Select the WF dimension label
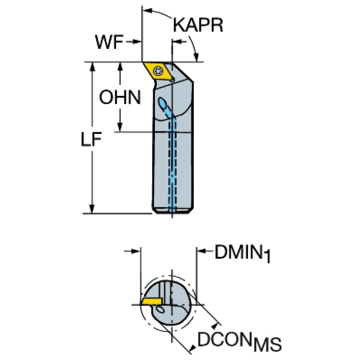(x=109, y=43)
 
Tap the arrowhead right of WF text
(x=139, y=42)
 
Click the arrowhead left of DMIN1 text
(x=199, y=252)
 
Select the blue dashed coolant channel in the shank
(x=173, y=164)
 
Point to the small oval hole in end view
(x=161, y=310)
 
